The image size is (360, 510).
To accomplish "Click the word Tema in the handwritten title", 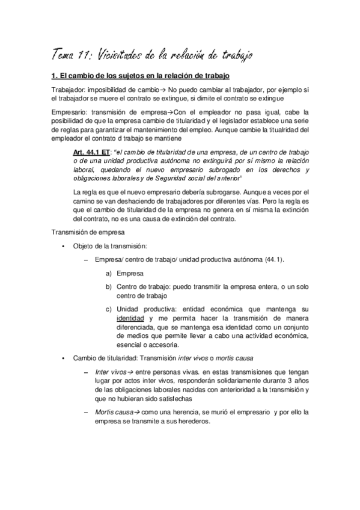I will [63, 55].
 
